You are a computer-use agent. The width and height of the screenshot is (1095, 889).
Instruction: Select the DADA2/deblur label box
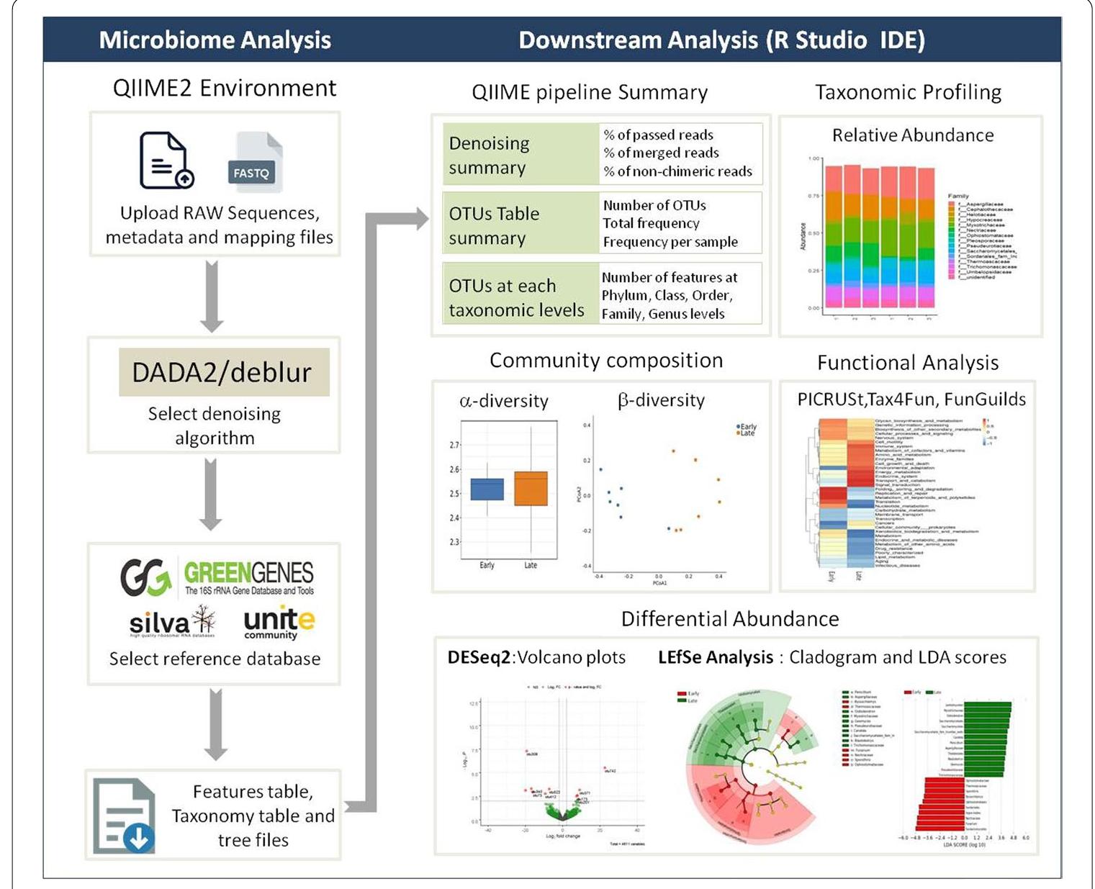[223, 372]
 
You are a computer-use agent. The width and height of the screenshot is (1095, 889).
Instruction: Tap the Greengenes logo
[217, 577]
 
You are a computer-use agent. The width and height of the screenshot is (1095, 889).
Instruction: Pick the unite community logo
[279, 622]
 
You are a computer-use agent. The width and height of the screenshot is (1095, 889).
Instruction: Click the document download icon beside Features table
[125, 817]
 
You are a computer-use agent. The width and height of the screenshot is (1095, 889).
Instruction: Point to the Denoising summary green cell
[520, 155]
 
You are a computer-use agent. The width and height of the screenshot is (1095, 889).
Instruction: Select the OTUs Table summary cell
[520, 225]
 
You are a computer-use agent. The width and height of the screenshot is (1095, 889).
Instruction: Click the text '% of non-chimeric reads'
[677, 171]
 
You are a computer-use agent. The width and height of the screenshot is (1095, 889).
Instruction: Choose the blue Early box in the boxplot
[487, 489]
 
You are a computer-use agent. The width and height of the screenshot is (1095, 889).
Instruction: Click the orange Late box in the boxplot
[531, 488]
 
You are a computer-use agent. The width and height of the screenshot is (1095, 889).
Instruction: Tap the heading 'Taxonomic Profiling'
[908, 92]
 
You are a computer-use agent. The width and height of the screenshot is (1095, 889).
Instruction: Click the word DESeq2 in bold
[479, 657]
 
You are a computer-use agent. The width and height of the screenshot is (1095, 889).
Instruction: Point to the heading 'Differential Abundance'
[729, 619]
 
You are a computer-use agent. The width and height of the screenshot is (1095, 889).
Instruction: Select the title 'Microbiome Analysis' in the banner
[215, 40]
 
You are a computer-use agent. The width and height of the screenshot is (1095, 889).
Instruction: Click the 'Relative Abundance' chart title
[912, 135]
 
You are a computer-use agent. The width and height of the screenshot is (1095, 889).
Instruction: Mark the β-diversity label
[661, 400]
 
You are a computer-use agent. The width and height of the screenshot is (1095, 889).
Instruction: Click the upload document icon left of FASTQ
[166, 161]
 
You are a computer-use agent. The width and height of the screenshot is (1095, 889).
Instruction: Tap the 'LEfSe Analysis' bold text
[715, 657]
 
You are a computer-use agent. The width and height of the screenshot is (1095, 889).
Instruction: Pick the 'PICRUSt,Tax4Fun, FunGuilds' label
[911, 400]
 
